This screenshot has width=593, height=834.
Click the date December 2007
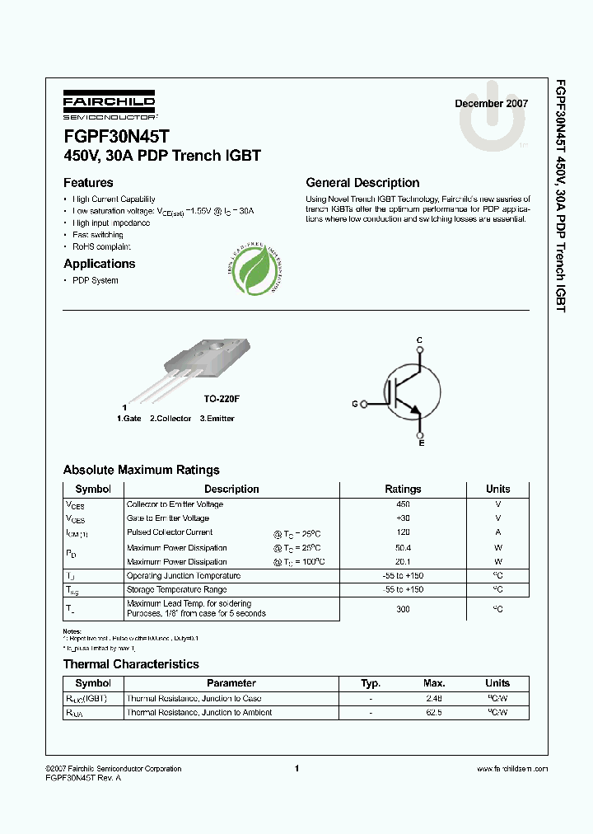pos(492,104)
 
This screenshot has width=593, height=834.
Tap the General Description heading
pos(362,183)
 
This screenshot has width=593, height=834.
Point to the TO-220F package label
pos(222,399)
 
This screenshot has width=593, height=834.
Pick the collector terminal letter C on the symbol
pos(419,340)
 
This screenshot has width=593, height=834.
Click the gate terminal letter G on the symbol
pos(355,404)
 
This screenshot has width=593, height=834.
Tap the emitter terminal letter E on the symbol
pos(422,444)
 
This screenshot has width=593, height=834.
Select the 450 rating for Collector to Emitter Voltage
pos(403,504)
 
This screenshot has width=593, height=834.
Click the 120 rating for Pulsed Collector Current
pos(403,532)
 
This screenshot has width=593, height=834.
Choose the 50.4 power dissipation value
pos(403,547)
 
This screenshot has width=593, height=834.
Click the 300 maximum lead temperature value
pos(403,609)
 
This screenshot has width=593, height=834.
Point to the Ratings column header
pos(403,489)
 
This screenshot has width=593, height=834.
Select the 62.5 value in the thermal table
pos(434,712)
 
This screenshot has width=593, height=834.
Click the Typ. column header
pos(371,683)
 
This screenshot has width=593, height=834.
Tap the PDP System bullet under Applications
pos(96,280)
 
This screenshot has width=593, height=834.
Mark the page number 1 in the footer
pos(296,768)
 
